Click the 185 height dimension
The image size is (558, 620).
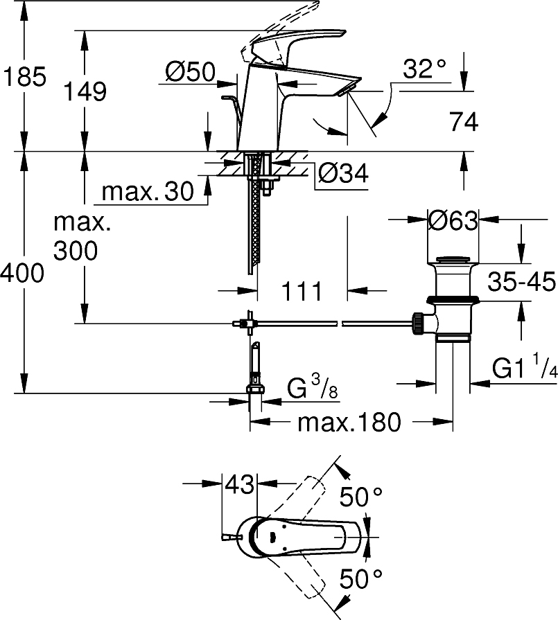(x=24, y=77)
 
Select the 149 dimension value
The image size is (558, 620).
(x=85, y=91)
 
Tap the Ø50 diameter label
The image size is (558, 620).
(x=191, y=71)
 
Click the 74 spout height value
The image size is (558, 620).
(x=464, y=123)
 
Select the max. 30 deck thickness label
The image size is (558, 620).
(x=148, y=192)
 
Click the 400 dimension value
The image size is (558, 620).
(x=22, y=274)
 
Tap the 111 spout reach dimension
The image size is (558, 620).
(x=302, y=291)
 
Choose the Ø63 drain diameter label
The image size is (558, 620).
(x=453, y=222)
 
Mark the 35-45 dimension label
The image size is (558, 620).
(x=521, y=282)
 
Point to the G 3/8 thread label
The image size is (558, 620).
(x=313, y=390)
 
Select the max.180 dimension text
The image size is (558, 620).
(x=349, y=422)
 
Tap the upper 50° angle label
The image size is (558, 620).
(x=361, y=496)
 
